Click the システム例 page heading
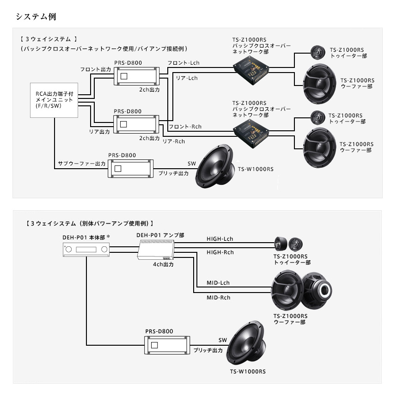click(x=36, y=17)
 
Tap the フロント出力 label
click(x=96, y=69)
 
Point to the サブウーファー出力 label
click(x=82, y=164)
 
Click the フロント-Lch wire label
click(x=183, y=63)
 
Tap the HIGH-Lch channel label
click(x=220, y=239)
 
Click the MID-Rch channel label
click(x=218, y=298)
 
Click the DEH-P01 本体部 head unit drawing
click(x=87, y=250)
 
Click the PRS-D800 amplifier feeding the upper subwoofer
click(x=131, y=169)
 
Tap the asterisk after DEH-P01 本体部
click(x=108, y=237)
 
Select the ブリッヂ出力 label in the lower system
click(x=208, y=351)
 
